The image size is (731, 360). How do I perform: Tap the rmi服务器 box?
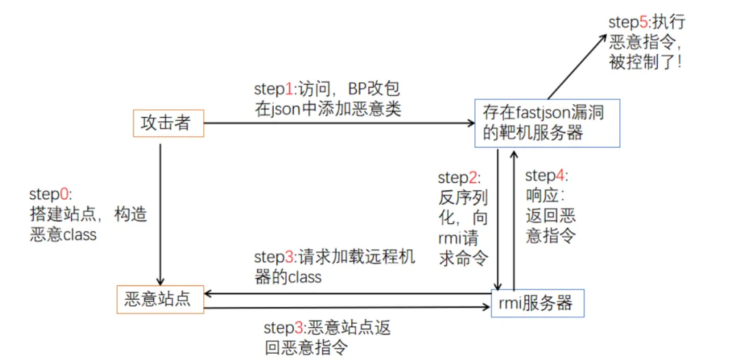[538, 302]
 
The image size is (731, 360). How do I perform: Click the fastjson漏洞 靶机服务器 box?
[546, 123]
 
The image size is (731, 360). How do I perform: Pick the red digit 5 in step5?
[643, 22]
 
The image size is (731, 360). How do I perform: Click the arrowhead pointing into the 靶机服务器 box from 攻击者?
[470, 124]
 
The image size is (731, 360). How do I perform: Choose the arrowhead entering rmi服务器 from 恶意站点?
[487, 309]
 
